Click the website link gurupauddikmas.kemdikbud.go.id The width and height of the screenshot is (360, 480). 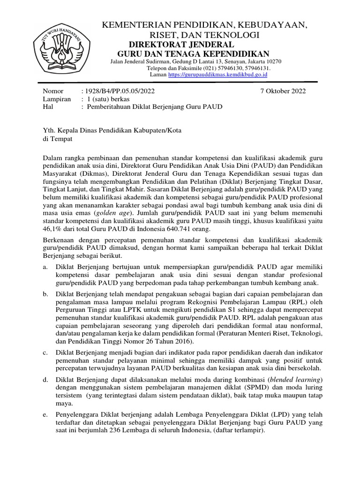point(217,74)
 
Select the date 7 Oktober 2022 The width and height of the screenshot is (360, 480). point(283,91)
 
